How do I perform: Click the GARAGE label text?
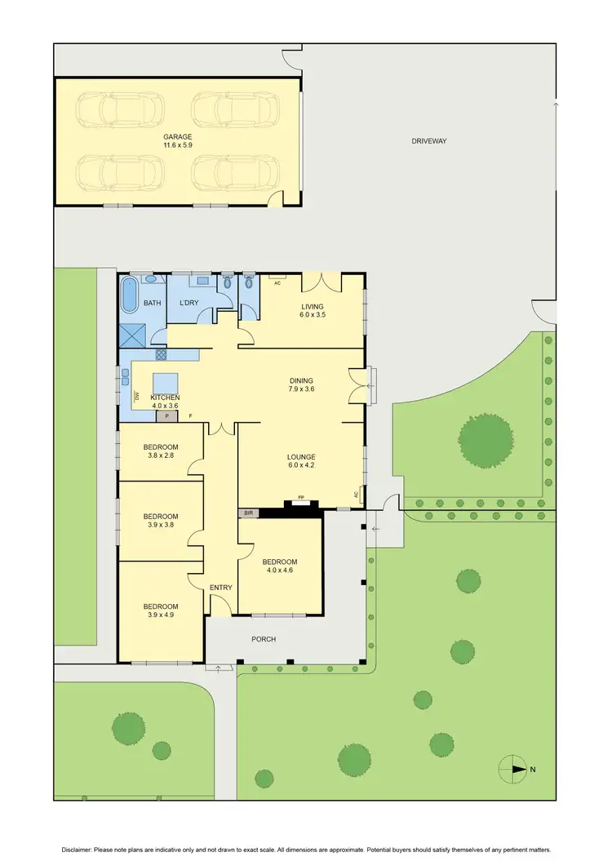[176, 136]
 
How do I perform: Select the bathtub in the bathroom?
[131, 295]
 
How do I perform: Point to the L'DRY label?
[189, 303]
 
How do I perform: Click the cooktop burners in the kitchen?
[161, 355]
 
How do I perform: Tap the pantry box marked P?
[167, 416]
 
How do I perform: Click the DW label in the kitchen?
[136, 397]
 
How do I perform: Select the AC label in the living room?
[277, 283]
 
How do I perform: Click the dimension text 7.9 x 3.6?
[301, 390]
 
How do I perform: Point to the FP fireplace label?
[301, 497]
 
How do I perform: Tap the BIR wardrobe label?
[248, 513]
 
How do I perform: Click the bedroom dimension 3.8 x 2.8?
[161, 456]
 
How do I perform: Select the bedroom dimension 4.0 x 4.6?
[279, 571]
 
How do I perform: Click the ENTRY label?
[220, 588]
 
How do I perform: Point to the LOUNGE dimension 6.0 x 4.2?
[301, 466]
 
